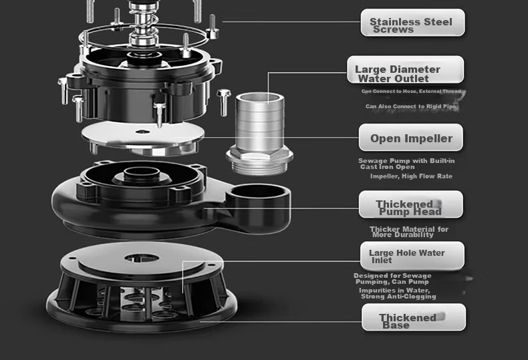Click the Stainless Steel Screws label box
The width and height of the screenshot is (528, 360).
click(412, 23)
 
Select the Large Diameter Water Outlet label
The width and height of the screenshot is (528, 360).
click(406, 69)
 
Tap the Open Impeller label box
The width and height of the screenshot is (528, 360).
click(411, 138)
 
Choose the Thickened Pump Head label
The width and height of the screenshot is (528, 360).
click(411, 204)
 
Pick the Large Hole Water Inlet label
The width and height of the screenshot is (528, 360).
click(412, 255)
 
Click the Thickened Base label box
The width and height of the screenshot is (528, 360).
click(414, 317)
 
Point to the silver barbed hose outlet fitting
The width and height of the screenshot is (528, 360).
click(259, 134)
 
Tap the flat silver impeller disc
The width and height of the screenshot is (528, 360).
click(143, 134)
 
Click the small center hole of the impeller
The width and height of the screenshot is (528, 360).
click(142, 132)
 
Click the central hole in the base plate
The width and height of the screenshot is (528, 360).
click(142, 258)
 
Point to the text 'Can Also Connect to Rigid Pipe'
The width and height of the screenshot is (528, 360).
click(411, 106)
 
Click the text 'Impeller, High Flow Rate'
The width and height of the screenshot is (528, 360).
click(411, 176)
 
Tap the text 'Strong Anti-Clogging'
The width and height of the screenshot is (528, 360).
click(398, 297)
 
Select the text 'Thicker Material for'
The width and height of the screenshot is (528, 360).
click(409, 229)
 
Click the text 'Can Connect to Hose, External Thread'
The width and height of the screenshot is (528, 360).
click(411, 92)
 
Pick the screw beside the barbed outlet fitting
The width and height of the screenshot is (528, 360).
click(224, 103)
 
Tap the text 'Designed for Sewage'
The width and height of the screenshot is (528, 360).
click(392, 276)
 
